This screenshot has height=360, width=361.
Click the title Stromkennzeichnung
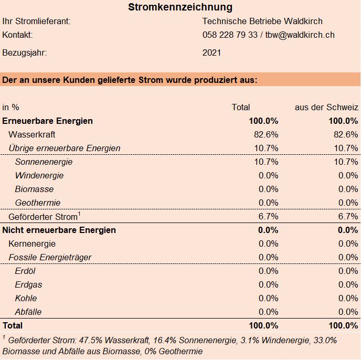click(x=181, y=7)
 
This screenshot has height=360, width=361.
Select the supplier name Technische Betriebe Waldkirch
click(x=262, y=21)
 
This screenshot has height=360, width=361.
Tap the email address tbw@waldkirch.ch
click(x=300, y=35)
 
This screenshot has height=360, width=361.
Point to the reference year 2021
click(x=211, y=53)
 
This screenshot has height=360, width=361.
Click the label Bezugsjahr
click(x=25, y=53)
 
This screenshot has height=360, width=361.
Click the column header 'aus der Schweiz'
click(x=326, y=108)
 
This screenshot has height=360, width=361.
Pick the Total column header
click(x=241, y=108)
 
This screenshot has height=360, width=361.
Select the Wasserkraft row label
click(x=32, y=134)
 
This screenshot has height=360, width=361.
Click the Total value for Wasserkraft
click(x=266, y=134)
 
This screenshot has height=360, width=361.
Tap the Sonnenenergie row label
click(x=44, y=162)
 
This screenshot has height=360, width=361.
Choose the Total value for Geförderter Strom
click(x=268, y=217)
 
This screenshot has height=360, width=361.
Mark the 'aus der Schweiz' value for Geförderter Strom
click(x=348, y=217)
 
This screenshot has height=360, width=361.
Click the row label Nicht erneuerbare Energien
click(x=59, y=230)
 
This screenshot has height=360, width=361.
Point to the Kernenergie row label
click(x=32, y=243)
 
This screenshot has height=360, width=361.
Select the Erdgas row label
click(x=28, y=284)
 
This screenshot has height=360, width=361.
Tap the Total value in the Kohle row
click(x=268, y=298)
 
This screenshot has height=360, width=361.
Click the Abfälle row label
click(x=28, y=312)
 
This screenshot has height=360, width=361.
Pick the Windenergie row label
click(x=39, y=175)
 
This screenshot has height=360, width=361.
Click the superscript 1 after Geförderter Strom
click(x=79, y=214)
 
